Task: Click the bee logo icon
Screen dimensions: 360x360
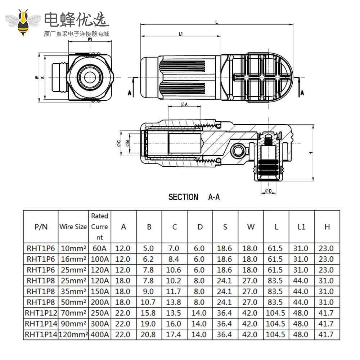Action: pyautogui.click(x=24, y=23)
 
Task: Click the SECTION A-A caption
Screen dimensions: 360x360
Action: pyautogui.click(x=194, y=197)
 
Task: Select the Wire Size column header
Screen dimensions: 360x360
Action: pyautogui.click(x=73, y=227)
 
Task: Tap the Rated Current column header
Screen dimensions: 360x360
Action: pyautogui.click(x=100, y=227)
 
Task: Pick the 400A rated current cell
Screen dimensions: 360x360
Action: pyautogui.click(x=100, y=334)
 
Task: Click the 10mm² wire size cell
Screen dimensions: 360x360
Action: pyautogui.click(x=73, y=248)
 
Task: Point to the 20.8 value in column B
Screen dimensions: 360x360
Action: pyautogui.click(x=149, y=334)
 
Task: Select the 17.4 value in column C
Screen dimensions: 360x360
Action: pyautogui.click(x=175, y=334)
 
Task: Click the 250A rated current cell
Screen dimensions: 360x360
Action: pyautogui.click(x=100, y=313)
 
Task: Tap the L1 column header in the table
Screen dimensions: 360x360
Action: pyautogui.click(x=301, y=227)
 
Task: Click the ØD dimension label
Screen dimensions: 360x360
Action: pyautogui.click(x=268, y=190)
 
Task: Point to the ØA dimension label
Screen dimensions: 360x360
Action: pyautogui.click(x=185, y=104)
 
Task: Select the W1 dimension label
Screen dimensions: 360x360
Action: pyautogui.click(x=90, y=40)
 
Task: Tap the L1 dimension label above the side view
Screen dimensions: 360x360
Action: pyautogui.click(x=181, y=34)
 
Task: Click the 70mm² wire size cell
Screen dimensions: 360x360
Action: pyautogui.click(x=73, y=313)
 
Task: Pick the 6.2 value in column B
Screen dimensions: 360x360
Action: pyautogui.click(x=149, y=259)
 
